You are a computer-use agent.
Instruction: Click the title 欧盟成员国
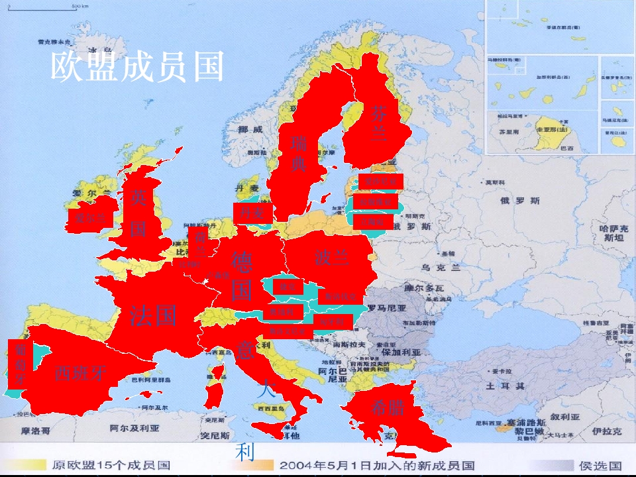[138, 66]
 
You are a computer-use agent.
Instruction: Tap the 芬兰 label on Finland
[378, 123]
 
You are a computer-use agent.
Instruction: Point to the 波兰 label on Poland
[332, 256]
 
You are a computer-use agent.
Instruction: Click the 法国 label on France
[153, 315]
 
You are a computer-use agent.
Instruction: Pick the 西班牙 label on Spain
[80, 372]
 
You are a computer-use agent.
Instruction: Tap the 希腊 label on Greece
[388, 407]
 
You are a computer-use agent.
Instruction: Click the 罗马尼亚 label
[387, 308]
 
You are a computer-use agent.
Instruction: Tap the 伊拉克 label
[607, 431]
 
